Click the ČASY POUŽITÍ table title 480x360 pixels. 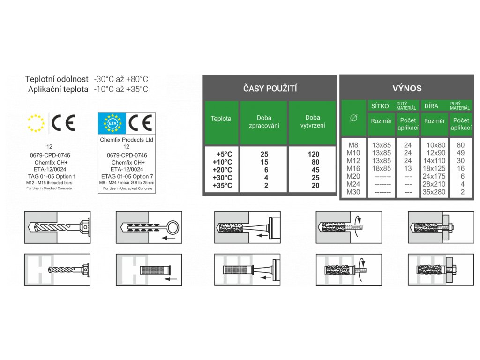(270, 89)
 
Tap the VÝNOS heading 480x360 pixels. (407, 88)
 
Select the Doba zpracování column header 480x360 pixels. (264, 121)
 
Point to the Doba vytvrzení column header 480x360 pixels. (312, 121)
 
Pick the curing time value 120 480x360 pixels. (313, 154)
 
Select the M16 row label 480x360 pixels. (353, 168)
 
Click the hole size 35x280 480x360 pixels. (434, 192)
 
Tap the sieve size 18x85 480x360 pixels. (381, 168)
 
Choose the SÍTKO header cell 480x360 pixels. (380, 106)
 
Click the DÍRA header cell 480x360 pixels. (431, 106)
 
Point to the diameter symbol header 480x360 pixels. (354, 119)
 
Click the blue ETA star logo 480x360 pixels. (112, 123)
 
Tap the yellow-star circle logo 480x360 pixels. (36, 123)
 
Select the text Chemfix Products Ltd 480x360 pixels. (127, 140)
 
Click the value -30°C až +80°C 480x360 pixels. (121, 79)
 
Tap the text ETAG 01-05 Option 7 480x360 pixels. (127, 176)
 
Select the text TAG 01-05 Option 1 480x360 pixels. (52, 176)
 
